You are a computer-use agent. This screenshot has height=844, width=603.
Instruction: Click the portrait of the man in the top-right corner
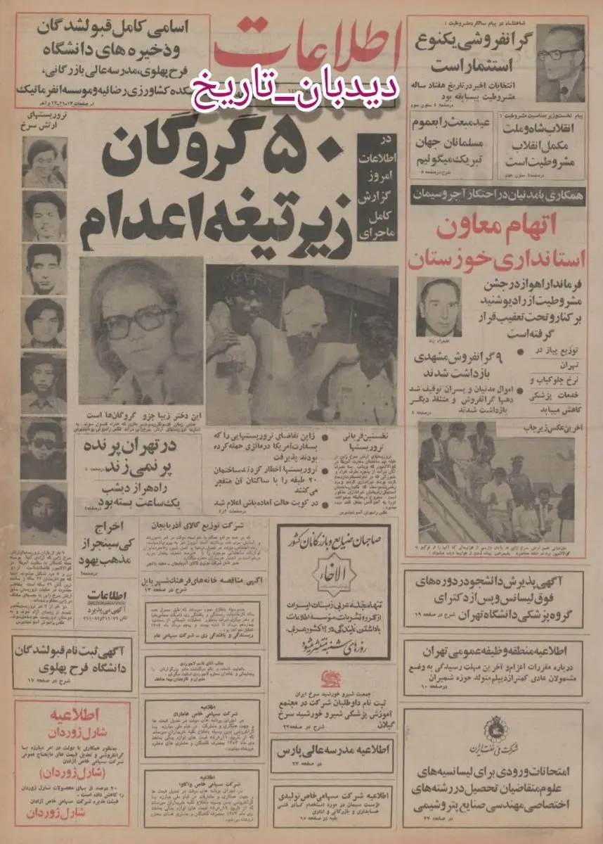click(x=559, y=63)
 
